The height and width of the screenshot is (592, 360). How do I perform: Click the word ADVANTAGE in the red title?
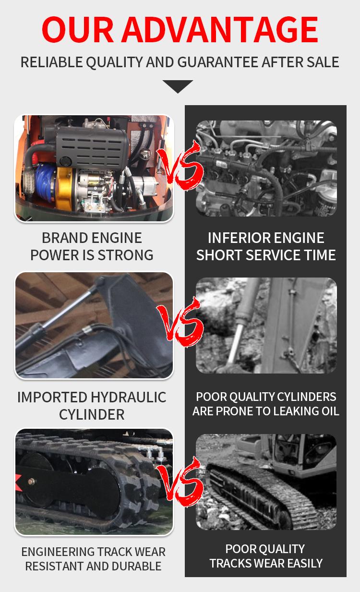(219, 29)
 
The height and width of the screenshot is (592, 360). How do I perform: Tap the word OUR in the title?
(78, 29)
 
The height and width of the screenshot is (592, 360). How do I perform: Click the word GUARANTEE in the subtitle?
(217, 62)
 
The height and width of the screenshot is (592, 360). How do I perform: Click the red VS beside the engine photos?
(181, 166)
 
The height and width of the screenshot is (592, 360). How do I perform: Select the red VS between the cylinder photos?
(181, 322)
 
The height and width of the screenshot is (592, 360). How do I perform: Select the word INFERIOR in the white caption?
(236, 238)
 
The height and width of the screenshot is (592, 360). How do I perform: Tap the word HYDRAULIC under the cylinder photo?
(128, 397)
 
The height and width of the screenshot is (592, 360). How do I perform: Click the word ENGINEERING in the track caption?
(58, 552)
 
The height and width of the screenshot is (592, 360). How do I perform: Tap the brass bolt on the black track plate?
(31, 482)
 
